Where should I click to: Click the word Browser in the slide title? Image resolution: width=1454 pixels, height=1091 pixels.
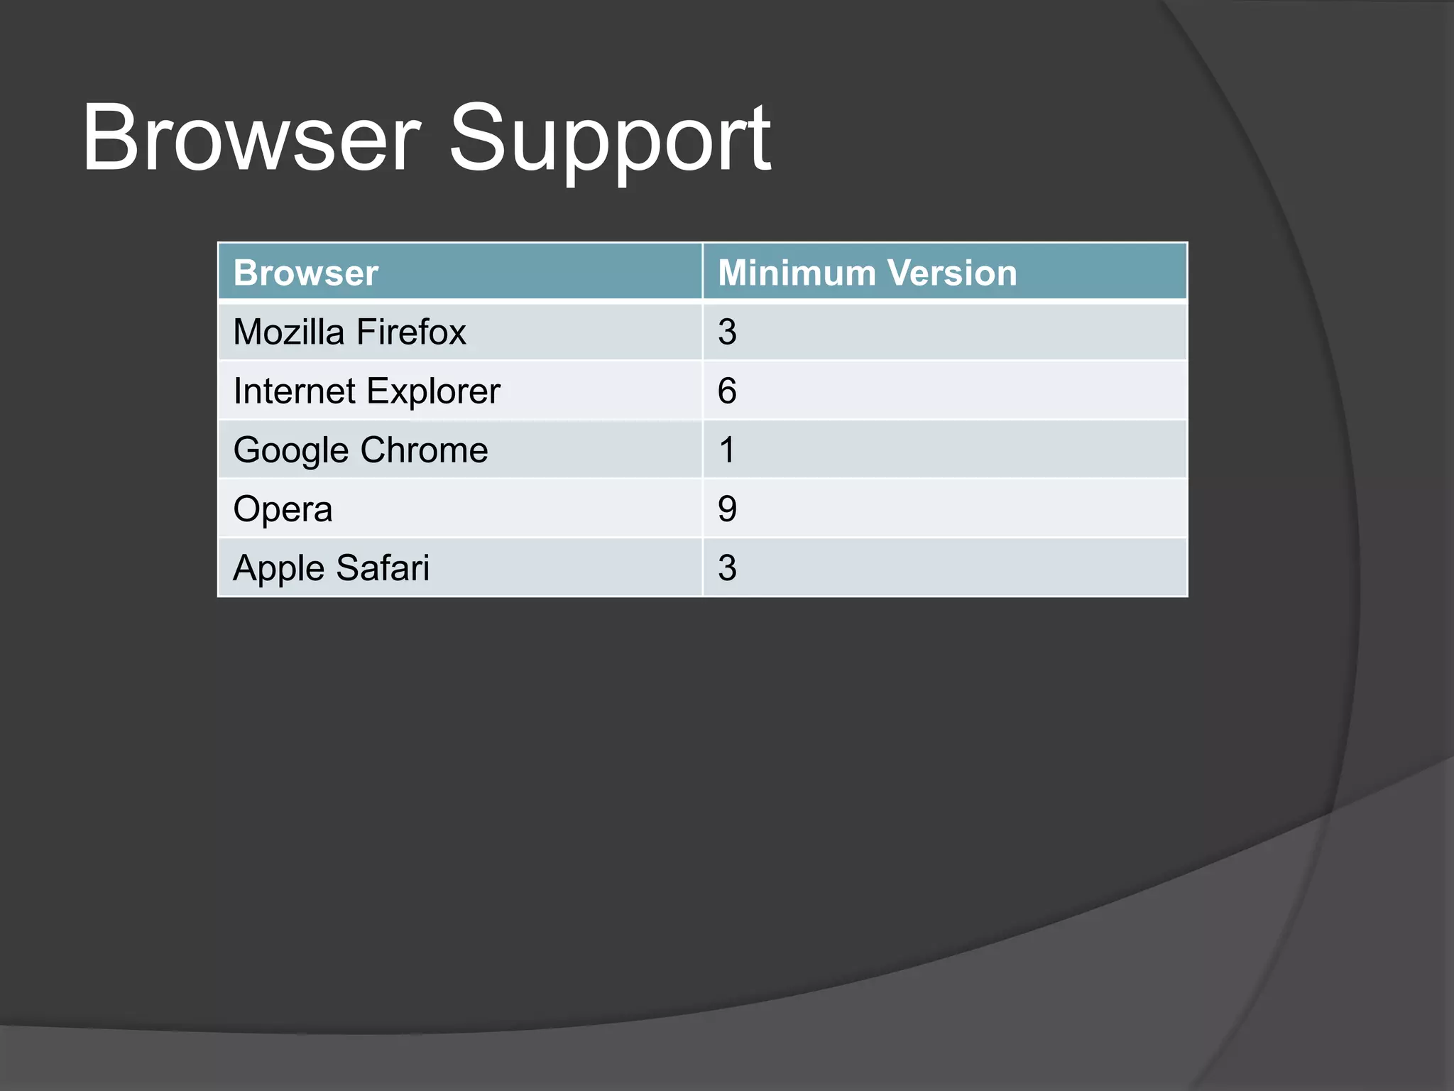point(251,139)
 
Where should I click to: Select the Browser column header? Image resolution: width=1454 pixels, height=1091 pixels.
point(305,273)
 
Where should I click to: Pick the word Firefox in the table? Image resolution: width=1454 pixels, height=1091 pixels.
point(411,332)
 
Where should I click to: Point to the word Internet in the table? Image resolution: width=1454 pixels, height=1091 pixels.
point(295,391)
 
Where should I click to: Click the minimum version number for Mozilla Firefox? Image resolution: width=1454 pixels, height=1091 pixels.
point(727,332)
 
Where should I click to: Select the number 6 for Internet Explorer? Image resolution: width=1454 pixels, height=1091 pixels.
point(727,391)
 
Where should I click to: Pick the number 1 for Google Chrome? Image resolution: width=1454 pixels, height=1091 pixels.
point(727,450)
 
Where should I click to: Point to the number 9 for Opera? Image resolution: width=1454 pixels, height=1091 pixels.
point(727,509)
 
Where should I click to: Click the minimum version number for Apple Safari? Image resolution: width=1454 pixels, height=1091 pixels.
point(727,568)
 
